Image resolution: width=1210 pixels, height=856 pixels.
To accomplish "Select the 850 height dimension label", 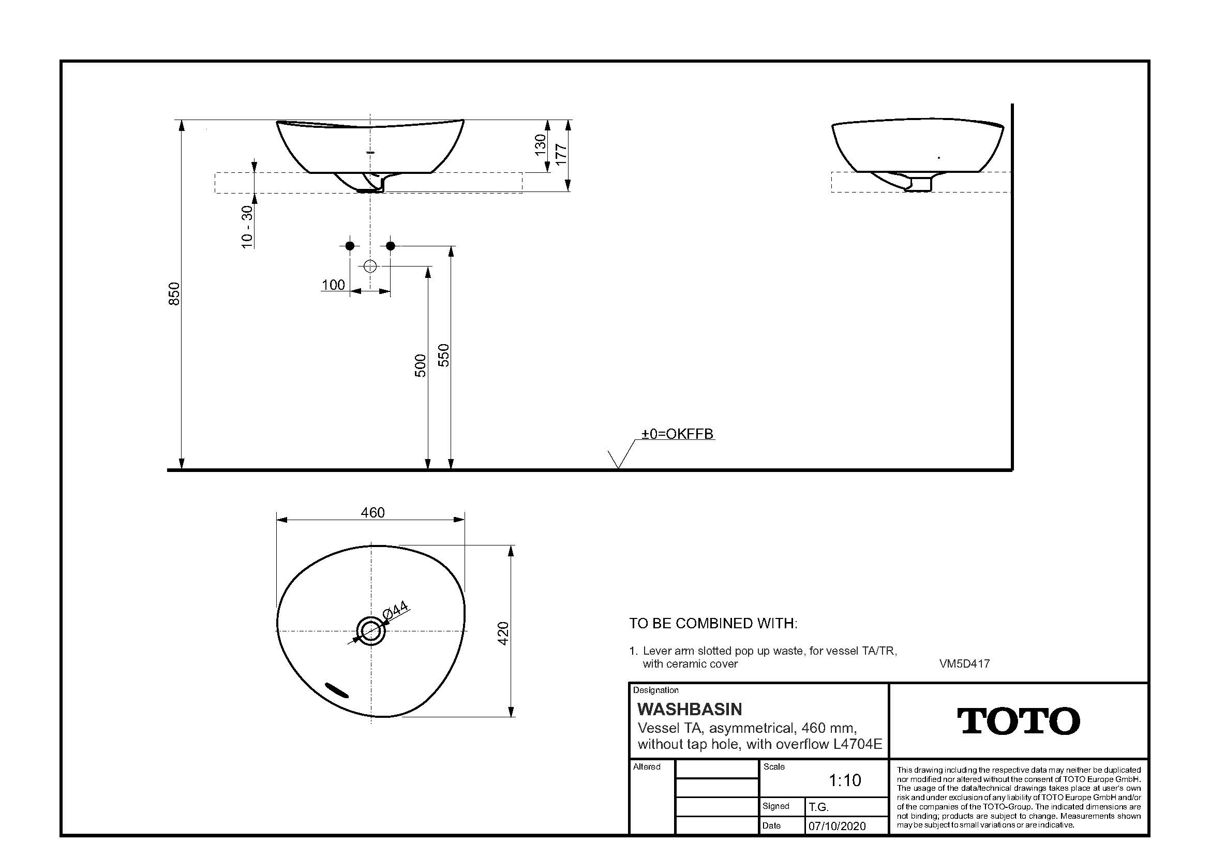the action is pyautogui.click(x=174, y=293).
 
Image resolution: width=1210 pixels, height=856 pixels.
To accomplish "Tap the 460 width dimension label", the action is pyautogui.click(x=372, y=512).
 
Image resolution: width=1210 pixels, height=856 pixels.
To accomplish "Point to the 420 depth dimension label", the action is pyautogui.click(x=503, y=633).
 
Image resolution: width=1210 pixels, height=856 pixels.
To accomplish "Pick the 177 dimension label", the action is pyautogui.click(x=562, y=154).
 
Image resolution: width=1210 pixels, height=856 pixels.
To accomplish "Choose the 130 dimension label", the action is pyautogui.click(x=540, y=145).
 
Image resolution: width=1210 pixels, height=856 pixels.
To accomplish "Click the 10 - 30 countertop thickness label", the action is pyautogui.click(x=247, y=226).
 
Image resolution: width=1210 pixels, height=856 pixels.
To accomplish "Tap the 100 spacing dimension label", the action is pyautogui.click(x=333, y=285).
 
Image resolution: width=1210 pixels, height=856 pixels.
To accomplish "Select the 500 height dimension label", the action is pyautogui.click(x=420, y=365).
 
